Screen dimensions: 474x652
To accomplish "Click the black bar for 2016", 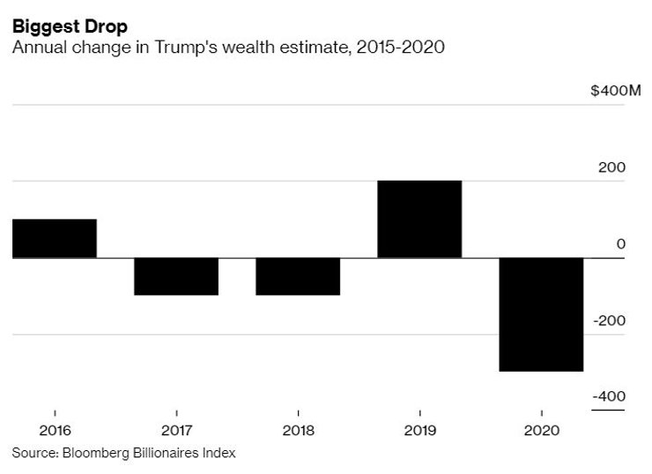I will click(x=55, y=238).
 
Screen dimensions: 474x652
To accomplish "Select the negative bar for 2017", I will click(x=176, y=276).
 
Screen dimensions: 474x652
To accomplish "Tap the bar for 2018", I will click(x=298, y=276).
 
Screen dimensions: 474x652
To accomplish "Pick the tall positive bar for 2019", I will click(x=419, y=218).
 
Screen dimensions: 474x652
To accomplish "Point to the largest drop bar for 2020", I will click(x=541, y=314).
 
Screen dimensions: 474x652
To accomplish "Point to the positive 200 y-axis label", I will click(x=614, y=167).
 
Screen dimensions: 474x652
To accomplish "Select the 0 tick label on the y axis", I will click(x=620, y=244).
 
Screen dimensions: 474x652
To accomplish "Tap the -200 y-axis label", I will click(x=610, y=320).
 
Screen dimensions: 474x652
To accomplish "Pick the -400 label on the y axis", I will click(x=610, y=396).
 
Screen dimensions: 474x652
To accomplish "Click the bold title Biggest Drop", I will click(x=70, y=26).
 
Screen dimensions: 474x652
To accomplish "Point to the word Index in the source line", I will click(x=219, y=453).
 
